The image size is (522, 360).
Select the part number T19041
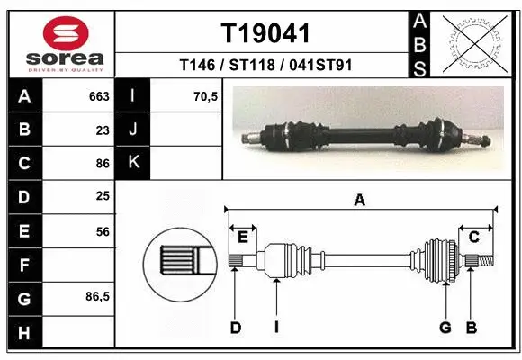265,33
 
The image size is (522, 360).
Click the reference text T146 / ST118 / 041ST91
265,65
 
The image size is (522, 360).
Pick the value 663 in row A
99,96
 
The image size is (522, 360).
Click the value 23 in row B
103,130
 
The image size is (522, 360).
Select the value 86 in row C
103,164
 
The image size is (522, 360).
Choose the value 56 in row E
103,231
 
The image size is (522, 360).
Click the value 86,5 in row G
98,297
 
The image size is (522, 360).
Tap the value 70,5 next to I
206,96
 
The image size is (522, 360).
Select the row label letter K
133,163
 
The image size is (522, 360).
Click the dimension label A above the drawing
360,201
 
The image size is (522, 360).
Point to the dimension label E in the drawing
242,237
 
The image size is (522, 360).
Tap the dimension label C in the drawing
473,237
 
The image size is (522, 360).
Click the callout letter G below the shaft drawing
445,328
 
